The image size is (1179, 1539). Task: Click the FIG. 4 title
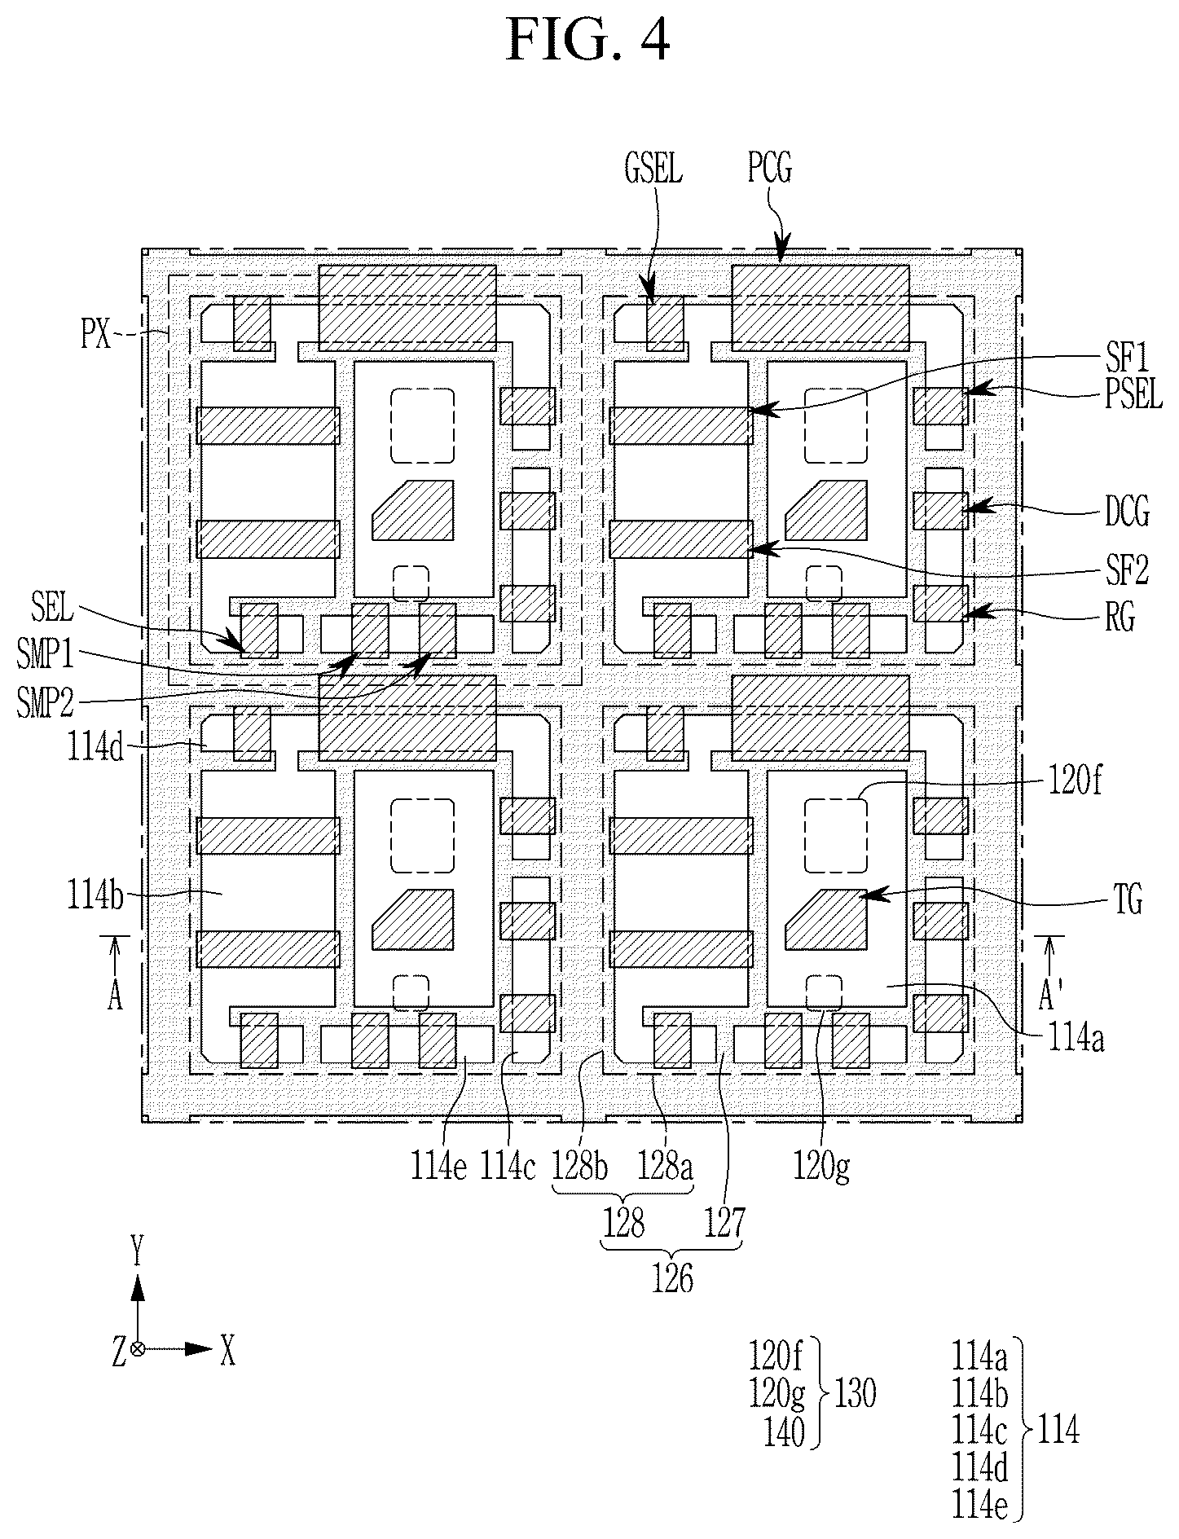pyautogui.click(x=588, y=41)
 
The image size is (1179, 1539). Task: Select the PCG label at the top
pyautogui.click(x=769, y=169)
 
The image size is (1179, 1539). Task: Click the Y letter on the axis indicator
pyautogui.click(x=138, y=1251)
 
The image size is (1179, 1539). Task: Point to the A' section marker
pyautogui.click(x=1049, y=995)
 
